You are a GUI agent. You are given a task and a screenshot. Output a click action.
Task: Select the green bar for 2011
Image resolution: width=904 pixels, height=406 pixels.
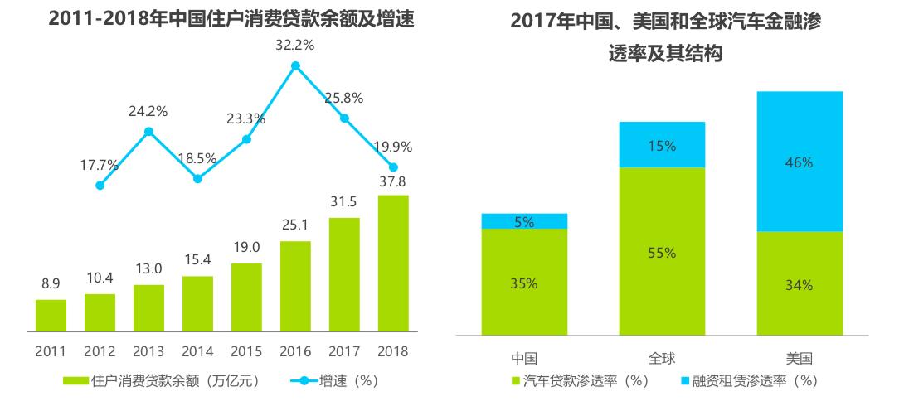(x=51, y=316)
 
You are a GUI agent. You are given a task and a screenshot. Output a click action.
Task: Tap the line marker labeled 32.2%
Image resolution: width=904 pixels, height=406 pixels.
(x=295, y=65)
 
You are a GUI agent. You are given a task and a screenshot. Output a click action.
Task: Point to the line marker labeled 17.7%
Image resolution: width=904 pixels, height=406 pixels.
(x=100, y=186)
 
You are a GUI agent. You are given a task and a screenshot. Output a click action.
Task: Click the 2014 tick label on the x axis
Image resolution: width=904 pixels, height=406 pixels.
(x=197, y=351)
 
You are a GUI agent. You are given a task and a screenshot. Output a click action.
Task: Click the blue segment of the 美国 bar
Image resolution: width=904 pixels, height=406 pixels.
(x=800, y=162)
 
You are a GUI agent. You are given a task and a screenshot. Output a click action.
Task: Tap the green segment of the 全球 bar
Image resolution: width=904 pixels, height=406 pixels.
(x=661, y=251)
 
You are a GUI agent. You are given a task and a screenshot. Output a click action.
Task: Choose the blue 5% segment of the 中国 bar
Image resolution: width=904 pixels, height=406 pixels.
(x=524, y=221)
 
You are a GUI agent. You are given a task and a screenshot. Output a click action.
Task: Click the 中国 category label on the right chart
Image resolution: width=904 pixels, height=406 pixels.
(x=524, y=359)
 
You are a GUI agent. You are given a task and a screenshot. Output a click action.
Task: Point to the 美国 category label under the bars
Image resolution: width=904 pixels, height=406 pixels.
(x=800, y=359)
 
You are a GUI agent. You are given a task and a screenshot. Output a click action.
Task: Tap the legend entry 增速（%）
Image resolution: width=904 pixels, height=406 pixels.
(x=335, y=381)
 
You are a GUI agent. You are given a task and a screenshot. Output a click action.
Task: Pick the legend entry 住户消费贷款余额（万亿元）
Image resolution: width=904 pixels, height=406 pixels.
(x=166, y=381)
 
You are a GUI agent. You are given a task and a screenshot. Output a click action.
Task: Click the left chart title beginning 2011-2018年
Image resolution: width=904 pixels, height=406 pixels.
(x=231, y=18)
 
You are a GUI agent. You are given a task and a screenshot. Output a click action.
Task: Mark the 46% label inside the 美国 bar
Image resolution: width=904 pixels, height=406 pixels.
(x=800, y=162)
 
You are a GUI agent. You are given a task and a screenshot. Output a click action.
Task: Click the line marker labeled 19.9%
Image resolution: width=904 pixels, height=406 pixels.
(x=393, y=167)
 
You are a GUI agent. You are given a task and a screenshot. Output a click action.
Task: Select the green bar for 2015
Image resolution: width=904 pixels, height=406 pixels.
(x=246, y=298)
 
